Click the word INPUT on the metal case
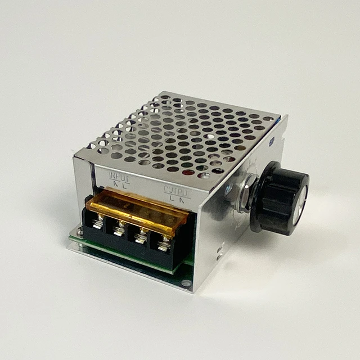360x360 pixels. click(119, 177)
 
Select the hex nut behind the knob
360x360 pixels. click(246, 193)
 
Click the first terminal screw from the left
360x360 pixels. click(98, 223)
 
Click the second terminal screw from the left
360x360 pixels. click(119, 228)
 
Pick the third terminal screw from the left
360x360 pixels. click(141, 235)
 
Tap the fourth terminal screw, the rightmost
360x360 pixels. click(164, 243)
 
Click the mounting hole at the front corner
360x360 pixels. click(185, 282)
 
